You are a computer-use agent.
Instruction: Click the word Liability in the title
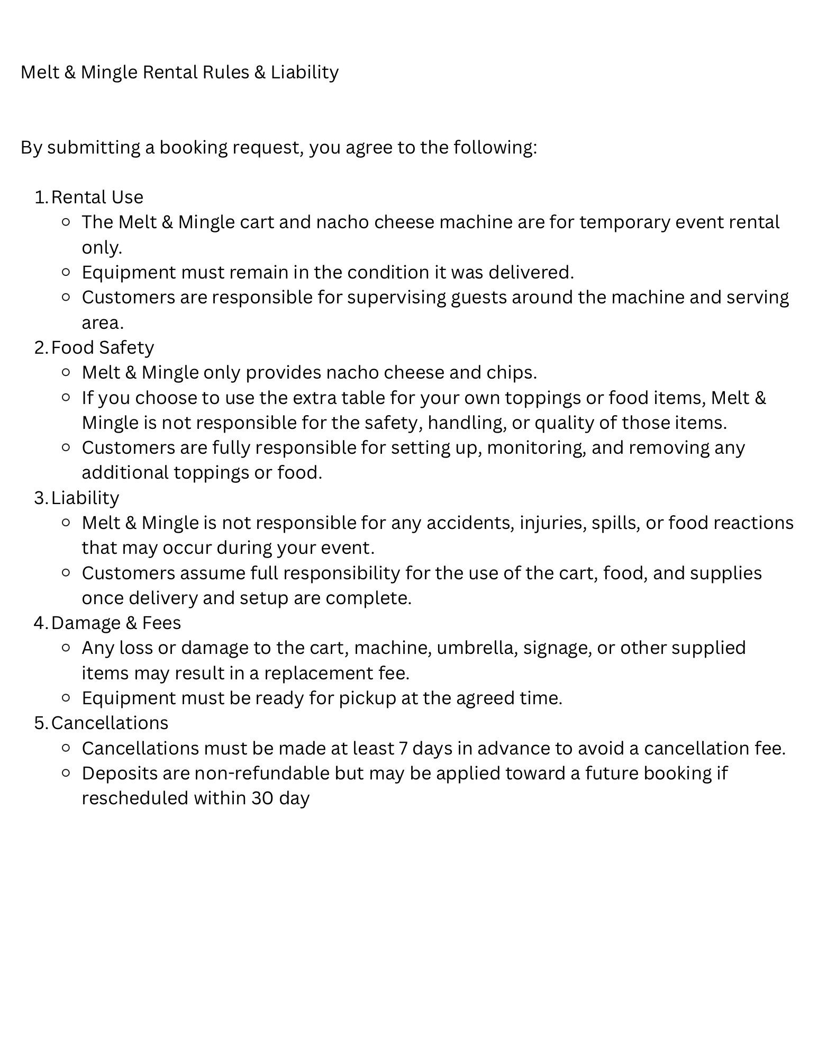click(x=304, y=72)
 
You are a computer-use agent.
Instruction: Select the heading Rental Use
click(x=97, y=197)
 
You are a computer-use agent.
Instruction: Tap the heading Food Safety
click(x=103, y=347)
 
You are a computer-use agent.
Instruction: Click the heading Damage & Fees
click(x=116, y=623)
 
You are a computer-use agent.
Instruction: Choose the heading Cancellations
click(x=110, y=723)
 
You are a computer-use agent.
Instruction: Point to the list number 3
click(x=41, y=498)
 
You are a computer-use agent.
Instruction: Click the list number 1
click(x=40, y=197)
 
